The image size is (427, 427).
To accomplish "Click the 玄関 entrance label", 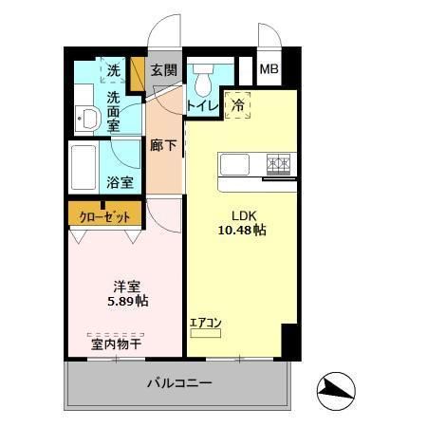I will click(x=163, y=70).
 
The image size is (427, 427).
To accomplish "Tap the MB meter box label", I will click(x=269, y=70).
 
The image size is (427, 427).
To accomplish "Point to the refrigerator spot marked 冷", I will click(x=237, y=105).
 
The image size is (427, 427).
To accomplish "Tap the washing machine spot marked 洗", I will click(x=114, y=70).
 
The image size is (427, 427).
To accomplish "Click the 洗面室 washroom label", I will click(x=114, y=111).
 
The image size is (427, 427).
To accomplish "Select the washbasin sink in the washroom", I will click(x=89, y=118).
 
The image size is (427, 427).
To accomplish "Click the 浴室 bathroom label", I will click(x=119, y=181).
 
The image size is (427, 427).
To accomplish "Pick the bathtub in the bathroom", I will click(x=84, y=167).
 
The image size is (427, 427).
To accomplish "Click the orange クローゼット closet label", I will click(x=104, y=215).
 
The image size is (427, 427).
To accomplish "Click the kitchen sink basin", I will click(x=234, y=164).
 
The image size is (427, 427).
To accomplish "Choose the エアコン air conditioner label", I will click(x=205, y=324).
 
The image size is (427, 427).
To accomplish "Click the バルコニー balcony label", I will click(x=179, y=384).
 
